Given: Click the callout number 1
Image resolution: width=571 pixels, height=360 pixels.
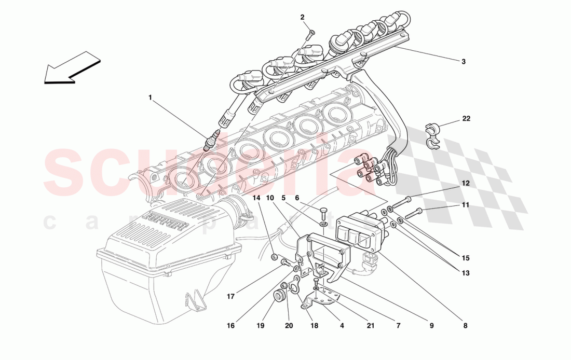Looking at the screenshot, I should coord(150,97).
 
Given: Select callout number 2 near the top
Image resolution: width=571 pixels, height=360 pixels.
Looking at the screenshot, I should coord(303,17).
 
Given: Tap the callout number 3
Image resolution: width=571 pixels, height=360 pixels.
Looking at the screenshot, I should coord(463,61).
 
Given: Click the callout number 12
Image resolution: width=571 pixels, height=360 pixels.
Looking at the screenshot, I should coord(466,184).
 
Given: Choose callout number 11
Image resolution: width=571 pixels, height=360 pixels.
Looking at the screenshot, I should coord(466,205).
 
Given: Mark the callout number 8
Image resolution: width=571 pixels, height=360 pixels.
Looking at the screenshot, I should coord(465,326).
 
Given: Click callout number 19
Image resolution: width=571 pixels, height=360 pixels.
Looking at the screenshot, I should coord(260,326).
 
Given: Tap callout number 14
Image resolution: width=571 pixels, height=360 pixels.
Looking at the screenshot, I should coord(256,198).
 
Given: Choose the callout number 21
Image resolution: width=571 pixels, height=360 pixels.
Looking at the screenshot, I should coord(370,326).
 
